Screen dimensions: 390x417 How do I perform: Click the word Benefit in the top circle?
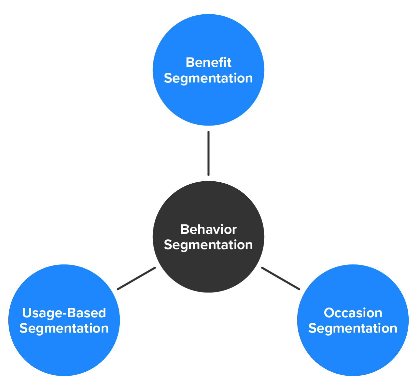208,62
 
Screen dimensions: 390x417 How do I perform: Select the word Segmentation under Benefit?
208,78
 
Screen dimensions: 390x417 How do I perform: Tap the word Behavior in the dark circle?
208,229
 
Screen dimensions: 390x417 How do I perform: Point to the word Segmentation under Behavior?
208,245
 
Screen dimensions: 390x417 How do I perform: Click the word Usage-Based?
64,313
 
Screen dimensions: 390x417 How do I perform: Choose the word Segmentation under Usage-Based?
64,329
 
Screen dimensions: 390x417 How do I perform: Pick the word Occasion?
353,313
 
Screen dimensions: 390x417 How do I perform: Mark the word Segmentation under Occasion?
353,329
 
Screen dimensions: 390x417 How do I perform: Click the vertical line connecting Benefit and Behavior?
208,153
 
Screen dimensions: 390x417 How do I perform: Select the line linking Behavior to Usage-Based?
136,278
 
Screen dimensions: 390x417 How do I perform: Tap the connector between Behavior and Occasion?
281,278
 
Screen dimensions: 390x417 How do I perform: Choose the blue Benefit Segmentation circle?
208,100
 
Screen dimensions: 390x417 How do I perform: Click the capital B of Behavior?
184,229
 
